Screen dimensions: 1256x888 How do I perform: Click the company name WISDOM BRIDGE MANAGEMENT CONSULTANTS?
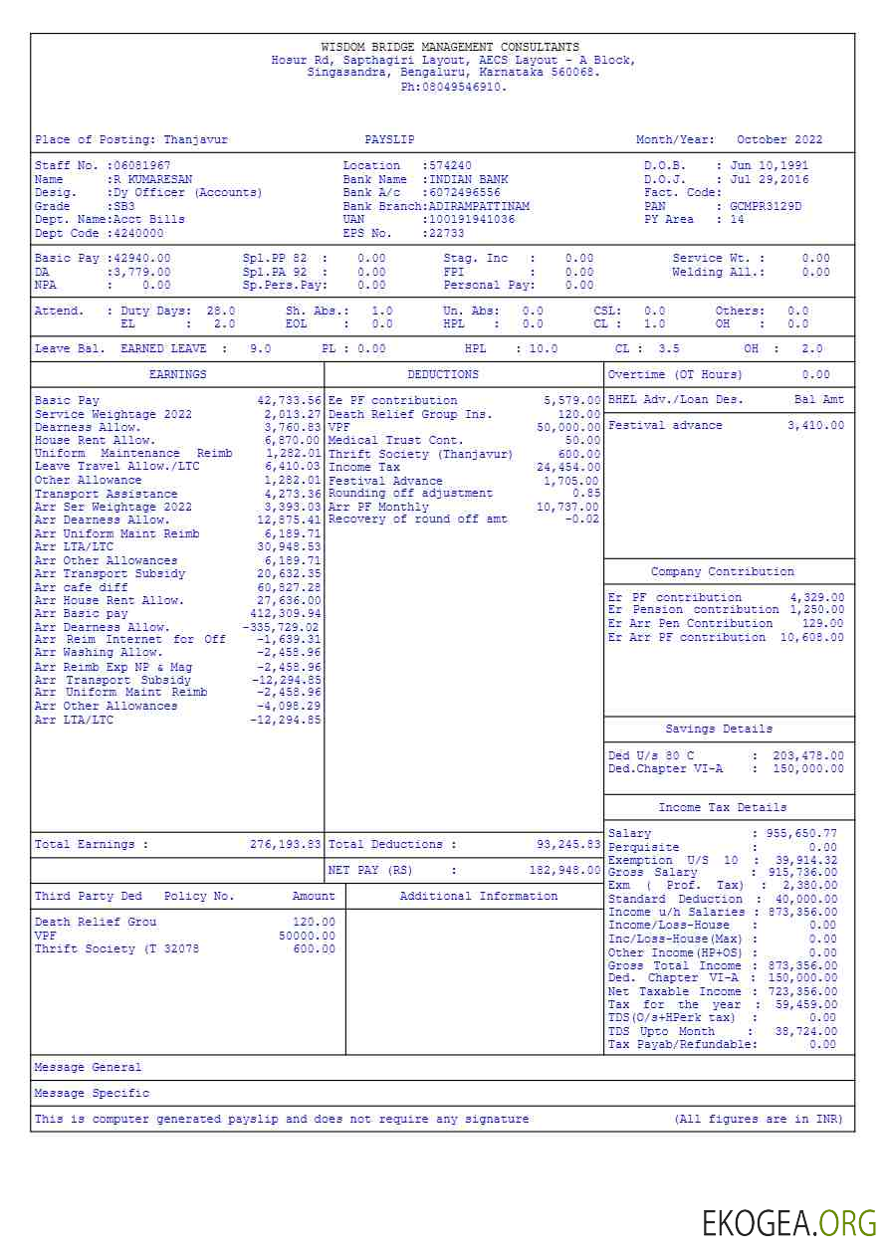[x=450, y=47]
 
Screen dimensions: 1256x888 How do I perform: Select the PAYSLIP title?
[x=389, y=140]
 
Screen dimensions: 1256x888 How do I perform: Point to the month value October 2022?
[x=779, y=140]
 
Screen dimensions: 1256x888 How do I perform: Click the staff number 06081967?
[x=141, y=165]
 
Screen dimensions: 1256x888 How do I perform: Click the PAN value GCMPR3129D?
[x=766, y=206]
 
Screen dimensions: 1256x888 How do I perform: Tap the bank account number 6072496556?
[x=465, y=192]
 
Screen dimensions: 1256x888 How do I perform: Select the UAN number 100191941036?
[x=472, y=219]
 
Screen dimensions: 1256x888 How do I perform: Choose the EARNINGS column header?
[x=178, y=374]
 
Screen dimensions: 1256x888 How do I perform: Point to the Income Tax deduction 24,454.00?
[x=568, y=467]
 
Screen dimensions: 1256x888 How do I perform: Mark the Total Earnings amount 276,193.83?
[x=286, y=844]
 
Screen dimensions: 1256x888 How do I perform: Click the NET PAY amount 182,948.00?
[x=564, y=870]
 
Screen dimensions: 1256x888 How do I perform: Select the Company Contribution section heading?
[x=723, y=571]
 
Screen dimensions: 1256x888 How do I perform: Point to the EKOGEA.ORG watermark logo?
[x=789, y=1223]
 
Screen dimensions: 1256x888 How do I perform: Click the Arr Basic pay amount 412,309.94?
[x=286, y=614]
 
